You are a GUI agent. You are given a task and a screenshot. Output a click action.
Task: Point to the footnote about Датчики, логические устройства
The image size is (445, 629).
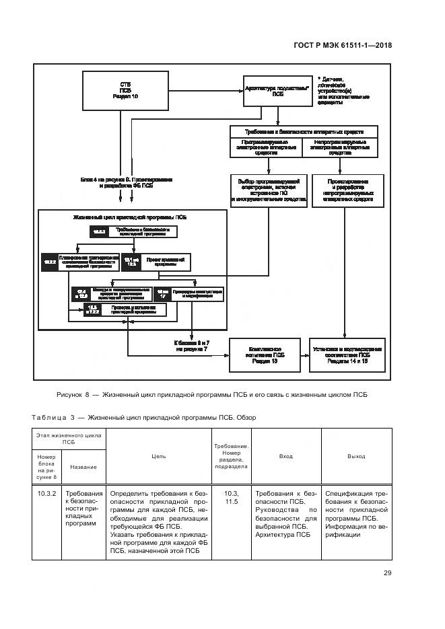point(343,91)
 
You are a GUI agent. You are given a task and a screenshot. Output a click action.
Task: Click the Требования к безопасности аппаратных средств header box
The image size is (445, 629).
point(306,132)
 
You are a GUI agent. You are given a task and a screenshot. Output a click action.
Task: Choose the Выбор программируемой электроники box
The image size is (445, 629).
point(269,190)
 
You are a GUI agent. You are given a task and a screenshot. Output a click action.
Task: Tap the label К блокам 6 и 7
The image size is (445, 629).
point(194,346)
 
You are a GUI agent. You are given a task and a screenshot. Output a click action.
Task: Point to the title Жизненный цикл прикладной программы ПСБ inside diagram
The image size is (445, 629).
point(129,218)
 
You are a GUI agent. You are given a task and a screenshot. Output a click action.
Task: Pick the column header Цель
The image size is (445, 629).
point(159,456)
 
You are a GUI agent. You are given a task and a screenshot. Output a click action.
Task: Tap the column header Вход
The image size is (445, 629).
point(285,456)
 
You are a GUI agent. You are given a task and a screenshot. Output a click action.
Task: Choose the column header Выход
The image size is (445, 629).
point(356,456)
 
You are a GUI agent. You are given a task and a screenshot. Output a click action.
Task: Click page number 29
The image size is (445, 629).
point(387,573)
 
